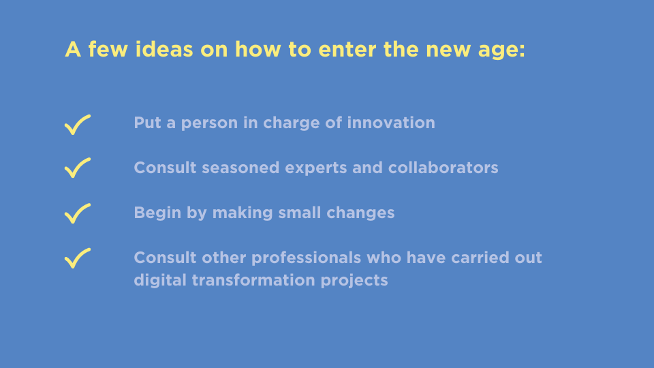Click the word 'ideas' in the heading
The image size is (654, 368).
pyautogui.click(x=164, y=49)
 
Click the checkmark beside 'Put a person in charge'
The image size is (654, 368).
pyautogui.click(x=77, y=125)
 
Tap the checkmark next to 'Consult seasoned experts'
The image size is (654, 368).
pyautogui.click(x=77, y=168)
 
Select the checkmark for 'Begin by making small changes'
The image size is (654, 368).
pyautogui.click(x=77, y=213)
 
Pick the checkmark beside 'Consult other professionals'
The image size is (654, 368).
pyautogui.click(x=77, y=258)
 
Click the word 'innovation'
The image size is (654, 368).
pyautogui.click(x=391, y=123)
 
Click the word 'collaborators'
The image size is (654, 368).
pyautogui.click(x=443, y=168)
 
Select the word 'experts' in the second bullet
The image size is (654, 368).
pyautogui.click(x=315, y=169)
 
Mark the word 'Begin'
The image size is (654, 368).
pyautogui.click(x=157, y=213)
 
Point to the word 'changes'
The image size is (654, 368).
pyautogui.click(x=360, y=213)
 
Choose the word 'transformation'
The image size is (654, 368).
pyautogui.click(x=253, y=280)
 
